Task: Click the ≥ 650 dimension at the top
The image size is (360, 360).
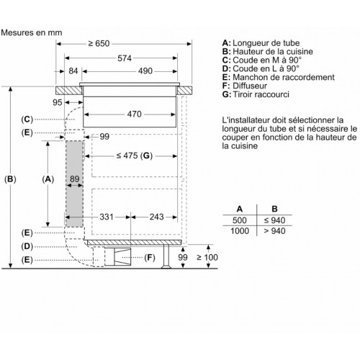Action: [99, 43]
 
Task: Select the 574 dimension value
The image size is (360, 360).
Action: [125, 58]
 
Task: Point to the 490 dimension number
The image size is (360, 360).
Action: [145, 71]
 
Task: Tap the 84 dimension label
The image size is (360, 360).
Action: [73, 71]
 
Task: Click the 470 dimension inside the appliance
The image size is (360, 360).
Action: [135, 114]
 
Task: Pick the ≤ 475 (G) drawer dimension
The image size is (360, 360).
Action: [135, 156]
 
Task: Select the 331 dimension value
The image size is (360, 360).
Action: [107, 217]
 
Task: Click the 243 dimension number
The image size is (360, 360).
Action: [157, 217]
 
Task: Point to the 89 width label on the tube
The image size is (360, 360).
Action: [75, 179]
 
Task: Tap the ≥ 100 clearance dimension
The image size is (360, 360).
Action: [207, 257]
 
